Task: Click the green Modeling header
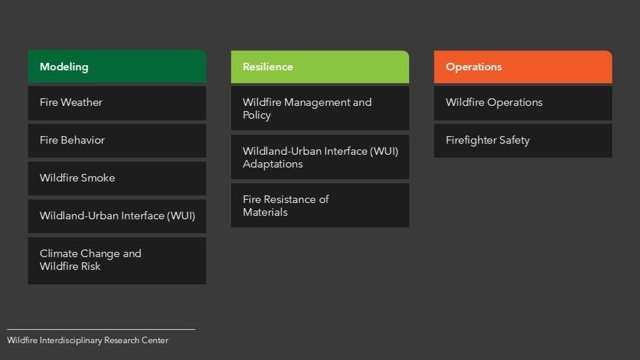(116, 66)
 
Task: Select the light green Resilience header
(319, 66)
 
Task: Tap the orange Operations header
(522, 66)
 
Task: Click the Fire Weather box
(116, 103)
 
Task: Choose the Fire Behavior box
(116, 140)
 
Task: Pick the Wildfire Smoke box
(116, 178)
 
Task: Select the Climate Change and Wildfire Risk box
(116, 261)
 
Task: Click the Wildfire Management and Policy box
(319, 108)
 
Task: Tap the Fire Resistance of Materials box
(319, 205)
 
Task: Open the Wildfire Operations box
(522, 103)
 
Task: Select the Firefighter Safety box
(522, 140)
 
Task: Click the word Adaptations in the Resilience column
(272, 164)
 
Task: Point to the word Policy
(257, 115)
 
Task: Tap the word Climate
(58, 254)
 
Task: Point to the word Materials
(265, 212)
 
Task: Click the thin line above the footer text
(101, 329)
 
